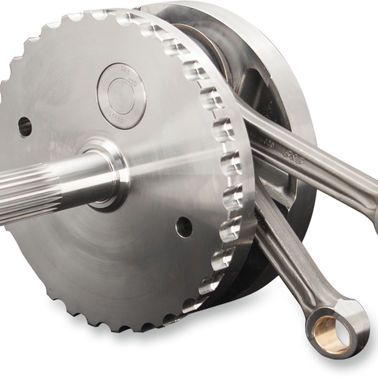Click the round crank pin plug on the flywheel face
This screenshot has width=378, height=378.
[120, 95]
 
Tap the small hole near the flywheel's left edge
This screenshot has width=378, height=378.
[24, 125]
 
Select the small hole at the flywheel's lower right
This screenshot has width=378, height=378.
[183, 227]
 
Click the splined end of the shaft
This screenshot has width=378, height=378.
[24, 192]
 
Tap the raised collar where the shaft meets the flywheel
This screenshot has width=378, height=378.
[106, 173]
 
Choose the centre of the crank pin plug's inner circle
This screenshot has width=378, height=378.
[120, 95]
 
